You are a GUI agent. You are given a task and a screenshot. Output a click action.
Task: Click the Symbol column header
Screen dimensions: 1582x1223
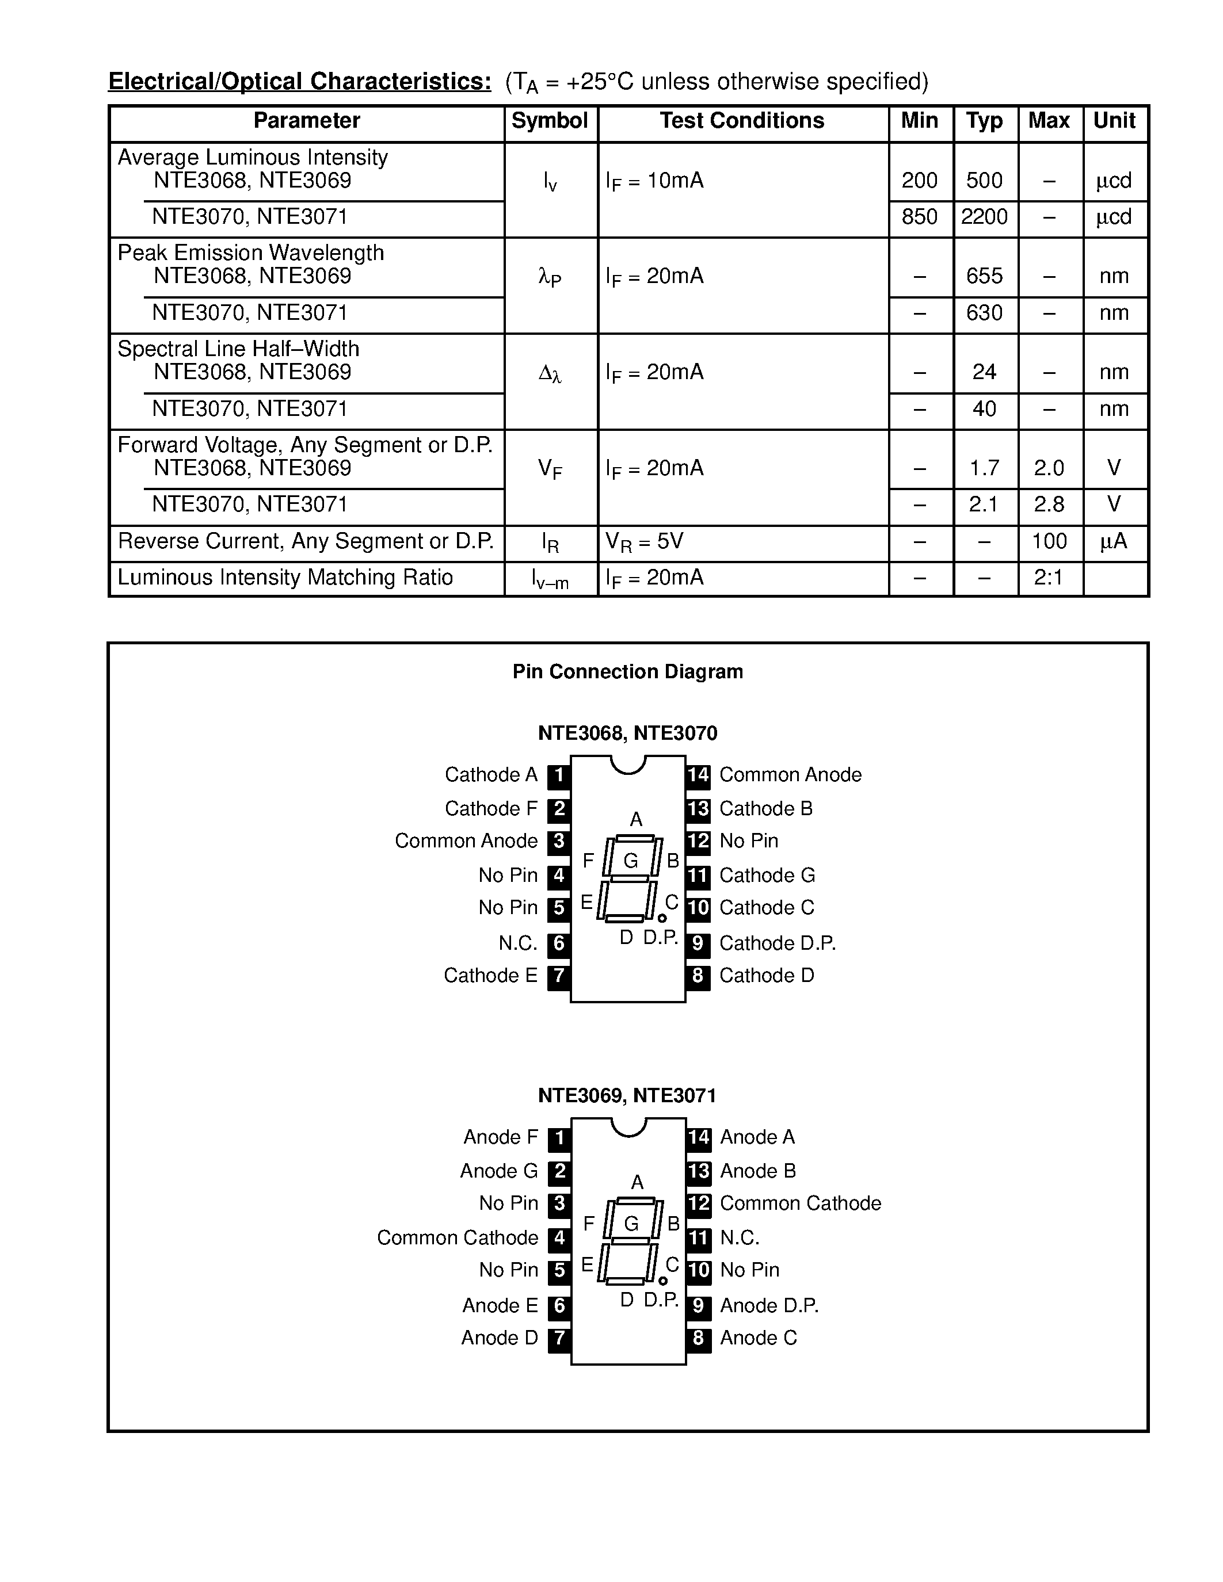549,121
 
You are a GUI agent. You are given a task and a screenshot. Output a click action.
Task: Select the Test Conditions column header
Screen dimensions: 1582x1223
741,121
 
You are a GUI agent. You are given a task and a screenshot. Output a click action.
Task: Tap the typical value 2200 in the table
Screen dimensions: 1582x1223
984,216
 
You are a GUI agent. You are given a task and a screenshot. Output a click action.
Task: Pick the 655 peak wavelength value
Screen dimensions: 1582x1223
984,276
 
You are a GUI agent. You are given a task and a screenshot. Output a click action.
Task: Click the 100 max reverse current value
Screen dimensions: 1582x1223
1049,541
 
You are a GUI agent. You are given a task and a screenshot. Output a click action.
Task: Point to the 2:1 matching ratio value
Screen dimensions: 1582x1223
1049,578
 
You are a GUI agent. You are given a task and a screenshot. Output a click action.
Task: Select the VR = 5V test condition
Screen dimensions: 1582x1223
644,542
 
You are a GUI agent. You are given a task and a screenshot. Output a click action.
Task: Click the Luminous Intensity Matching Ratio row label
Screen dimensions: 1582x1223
285,578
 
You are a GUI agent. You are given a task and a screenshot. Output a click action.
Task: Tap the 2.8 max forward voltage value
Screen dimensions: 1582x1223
1049,504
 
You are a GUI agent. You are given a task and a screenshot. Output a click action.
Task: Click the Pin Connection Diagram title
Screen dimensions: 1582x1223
627,671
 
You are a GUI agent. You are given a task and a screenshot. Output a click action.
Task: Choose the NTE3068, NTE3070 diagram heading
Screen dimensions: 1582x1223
627,733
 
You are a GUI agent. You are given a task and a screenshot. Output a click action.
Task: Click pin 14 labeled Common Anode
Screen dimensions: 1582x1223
698,775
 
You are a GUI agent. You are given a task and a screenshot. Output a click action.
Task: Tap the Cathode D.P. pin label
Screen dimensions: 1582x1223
778,943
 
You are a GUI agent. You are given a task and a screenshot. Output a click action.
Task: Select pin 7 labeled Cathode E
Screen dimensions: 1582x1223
559,976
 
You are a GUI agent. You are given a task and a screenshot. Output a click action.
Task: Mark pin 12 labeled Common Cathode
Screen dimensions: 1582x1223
699,1203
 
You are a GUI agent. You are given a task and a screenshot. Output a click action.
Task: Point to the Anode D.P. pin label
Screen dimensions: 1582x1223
769,1305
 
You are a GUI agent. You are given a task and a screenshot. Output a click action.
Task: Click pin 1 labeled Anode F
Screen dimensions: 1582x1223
559,1137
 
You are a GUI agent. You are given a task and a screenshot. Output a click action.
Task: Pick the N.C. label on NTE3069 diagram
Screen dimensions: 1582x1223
740,1238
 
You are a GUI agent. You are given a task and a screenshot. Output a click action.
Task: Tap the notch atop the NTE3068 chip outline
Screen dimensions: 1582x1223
628,764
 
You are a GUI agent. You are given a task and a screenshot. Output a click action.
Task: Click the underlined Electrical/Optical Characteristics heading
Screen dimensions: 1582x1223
299,81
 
